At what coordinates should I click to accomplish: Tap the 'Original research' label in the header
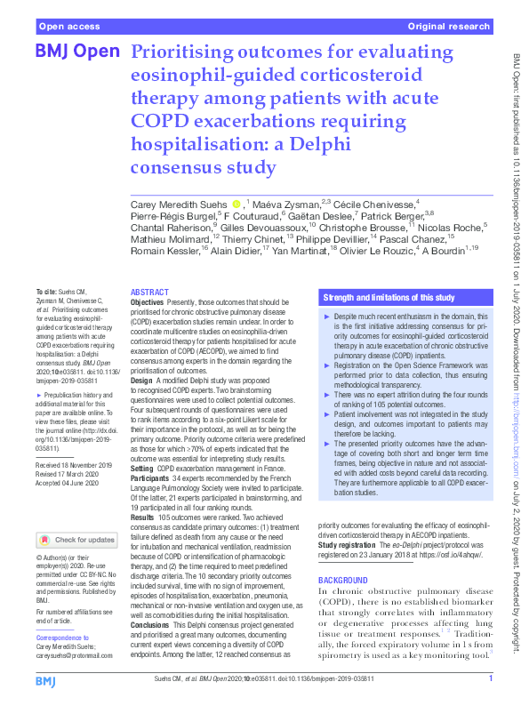[450, 27]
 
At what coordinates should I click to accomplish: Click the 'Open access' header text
[68, 27]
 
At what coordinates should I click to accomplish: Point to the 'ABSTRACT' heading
[150, 293]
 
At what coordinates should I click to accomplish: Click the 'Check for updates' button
[76, 540]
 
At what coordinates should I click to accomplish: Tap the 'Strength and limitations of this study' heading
[389, 297]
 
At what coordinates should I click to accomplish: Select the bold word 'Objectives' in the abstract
[148, 303]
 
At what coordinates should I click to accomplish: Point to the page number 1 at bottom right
[491, 681]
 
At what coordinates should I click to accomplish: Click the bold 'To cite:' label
[44, 292]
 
